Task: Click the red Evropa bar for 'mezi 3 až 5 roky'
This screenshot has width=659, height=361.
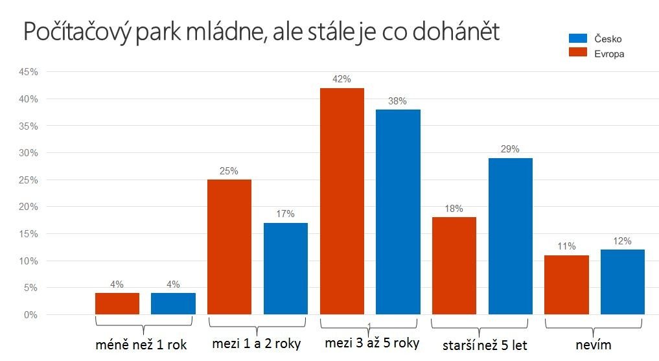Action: tap(341, 202)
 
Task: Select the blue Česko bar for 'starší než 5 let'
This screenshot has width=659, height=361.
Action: tap(510, 237)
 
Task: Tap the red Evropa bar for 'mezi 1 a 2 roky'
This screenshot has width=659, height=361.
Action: tap(229, 247)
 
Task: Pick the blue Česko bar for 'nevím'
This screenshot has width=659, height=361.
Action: tap(623, 282)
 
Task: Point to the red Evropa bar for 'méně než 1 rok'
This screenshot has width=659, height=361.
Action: tap(117, 304)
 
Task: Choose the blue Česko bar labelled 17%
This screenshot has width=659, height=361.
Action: tap(285, 269)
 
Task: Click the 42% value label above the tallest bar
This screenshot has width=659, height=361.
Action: tap(341, 80)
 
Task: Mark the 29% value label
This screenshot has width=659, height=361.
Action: tap(510, 149)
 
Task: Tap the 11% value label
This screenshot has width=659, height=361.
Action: tap(566, 247)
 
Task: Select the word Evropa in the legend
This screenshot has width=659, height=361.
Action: tap(609, 54)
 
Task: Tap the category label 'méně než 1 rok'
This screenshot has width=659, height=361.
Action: tap(141, 345)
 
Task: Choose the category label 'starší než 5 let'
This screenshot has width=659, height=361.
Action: tap(485, 345)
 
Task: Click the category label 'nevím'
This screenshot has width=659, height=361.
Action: tap(594, 345)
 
